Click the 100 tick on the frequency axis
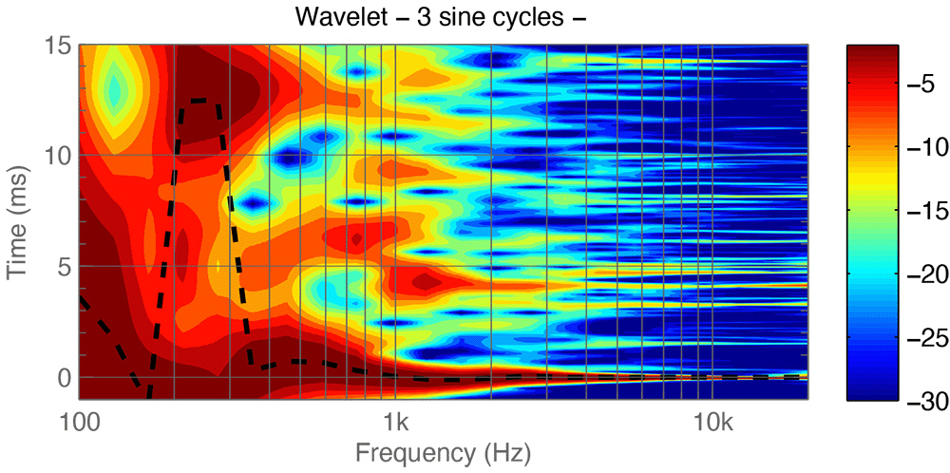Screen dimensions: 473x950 [80, 421]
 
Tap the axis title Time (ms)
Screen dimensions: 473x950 [21, 221]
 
